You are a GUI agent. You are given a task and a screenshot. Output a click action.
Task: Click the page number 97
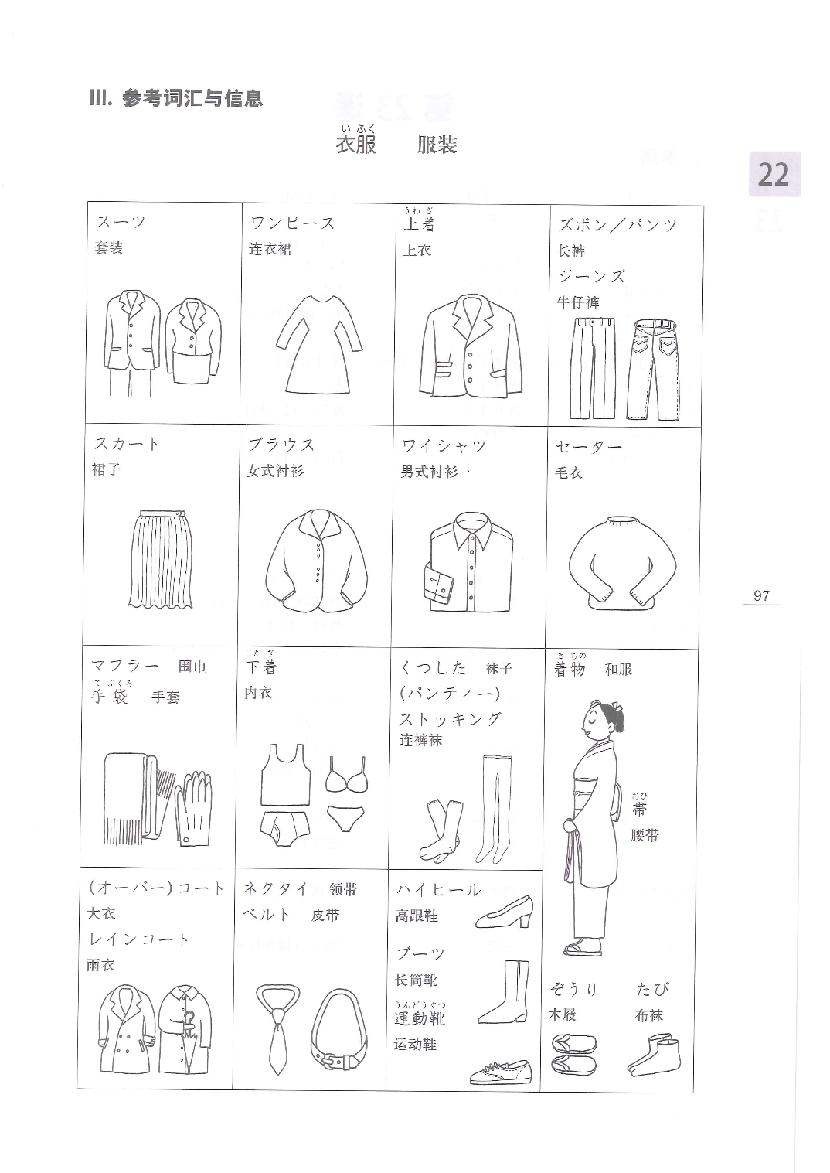761,595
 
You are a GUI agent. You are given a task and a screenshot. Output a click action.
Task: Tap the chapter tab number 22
773,175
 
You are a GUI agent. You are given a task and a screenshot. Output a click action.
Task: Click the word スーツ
121,222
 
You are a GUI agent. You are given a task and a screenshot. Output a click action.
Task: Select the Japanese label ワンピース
293,223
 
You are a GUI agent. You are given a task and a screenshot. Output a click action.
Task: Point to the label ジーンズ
591,276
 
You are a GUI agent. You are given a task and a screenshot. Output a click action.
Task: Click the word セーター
589,447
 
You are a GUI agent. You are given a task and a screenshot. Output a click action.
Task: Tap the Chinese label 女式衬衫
275,471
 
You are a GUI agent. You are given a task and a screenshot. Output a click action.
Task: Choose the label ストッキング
451,719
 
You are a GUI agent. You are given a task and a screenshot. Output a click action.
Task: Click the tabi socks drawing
654,1053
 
